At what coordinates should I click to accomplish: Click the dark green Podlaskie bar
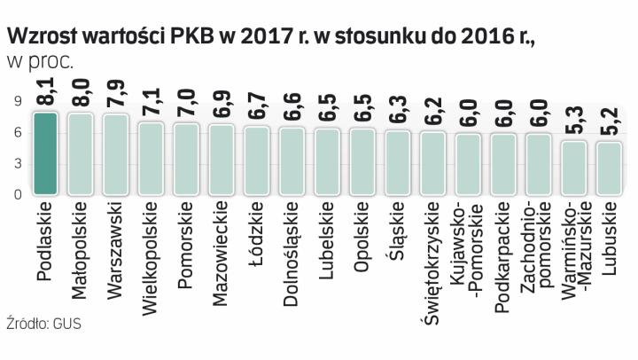pyautogui.click(x=46, y=153)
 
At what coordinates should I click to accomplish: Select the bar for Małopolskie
pyautogui.click(x=81, y=153)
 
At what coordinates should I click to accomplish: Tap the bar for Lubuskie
pyautogui.click(x=609, y=168)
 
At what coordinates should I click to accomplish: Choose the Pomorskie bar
pyautogui.click(x=186, y=159)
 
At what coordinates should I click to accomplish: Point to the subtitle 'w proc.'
pyautogui.click(x=40, y=60)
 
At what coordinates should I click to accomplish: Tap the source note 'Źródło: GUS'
pyautogui.click(x=43, y=324)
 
